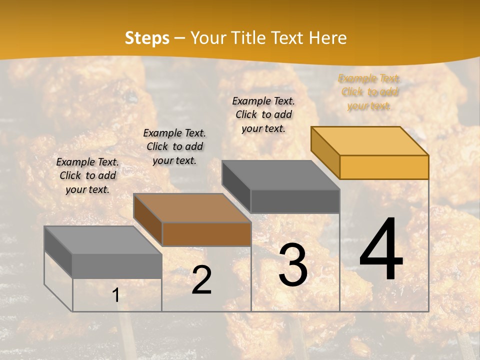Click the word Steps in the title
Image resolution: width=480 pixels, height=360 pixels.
(x=147, y=38)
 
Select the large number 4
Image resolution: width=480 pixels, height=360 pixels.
(x=381, y=250)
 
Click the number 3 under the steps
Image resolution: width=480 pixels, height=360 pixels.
(x=293, y=265)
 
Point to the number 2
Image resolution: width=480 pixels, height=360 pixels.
(x=201, y=280)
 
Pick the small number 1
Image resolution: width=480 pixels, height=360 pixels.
(x=116, y=295)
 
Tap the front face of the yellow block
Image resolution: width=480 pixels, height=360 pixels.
(x=384, y=167)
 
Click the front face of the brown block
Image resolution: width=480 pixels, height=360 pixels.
(x=206, y=234)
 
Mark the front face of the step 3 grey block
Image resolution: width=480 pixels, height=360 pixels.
(x=295, y=201)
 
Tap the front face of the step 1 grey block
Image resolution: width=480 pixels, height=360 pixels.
(x=117, y=266)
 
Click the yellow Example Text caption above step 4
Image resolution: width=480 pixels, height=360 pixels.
(x=369, y=92)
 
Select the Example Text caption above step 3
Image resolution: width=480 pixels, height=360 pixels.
(x=263, y=114)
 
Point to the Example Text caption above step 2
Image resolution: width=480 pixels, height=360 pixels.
(x=174, y=146)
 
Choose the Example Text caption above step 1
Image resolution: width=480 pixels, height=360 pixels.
(x=87, y=175)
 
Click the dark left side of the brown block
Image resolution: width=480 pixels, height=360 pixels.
(x=148, y=220)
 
